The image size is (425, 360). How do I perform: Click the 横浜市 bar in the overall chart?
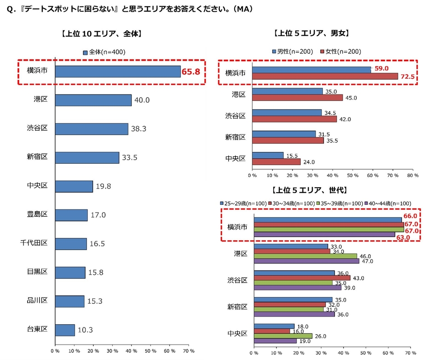(118, 71)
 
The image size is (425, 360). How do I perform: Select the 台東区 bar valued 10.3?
(65, 330)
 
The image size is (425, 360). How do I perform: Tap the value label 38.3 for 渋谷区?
(138, 129)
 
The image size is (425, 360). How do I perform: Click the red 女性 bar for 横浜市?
(325, 76)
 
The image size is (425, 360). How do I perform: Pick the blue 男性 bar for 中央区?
(268, 155)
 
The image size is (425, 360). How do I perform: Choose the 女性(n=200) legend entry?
(340, 52)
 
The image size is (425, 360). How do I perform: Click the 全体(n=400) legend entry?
(104, 52)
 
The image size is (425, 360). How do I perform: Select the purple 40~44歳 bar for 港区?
(307, 261)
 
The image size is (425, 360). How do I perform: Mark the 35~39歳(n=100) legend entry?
(342, 203)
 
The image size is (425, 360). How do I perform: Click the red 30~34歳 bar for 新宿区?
(290, 304)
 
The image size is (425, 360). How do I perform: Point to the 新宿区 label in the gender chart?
(235, 137)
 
